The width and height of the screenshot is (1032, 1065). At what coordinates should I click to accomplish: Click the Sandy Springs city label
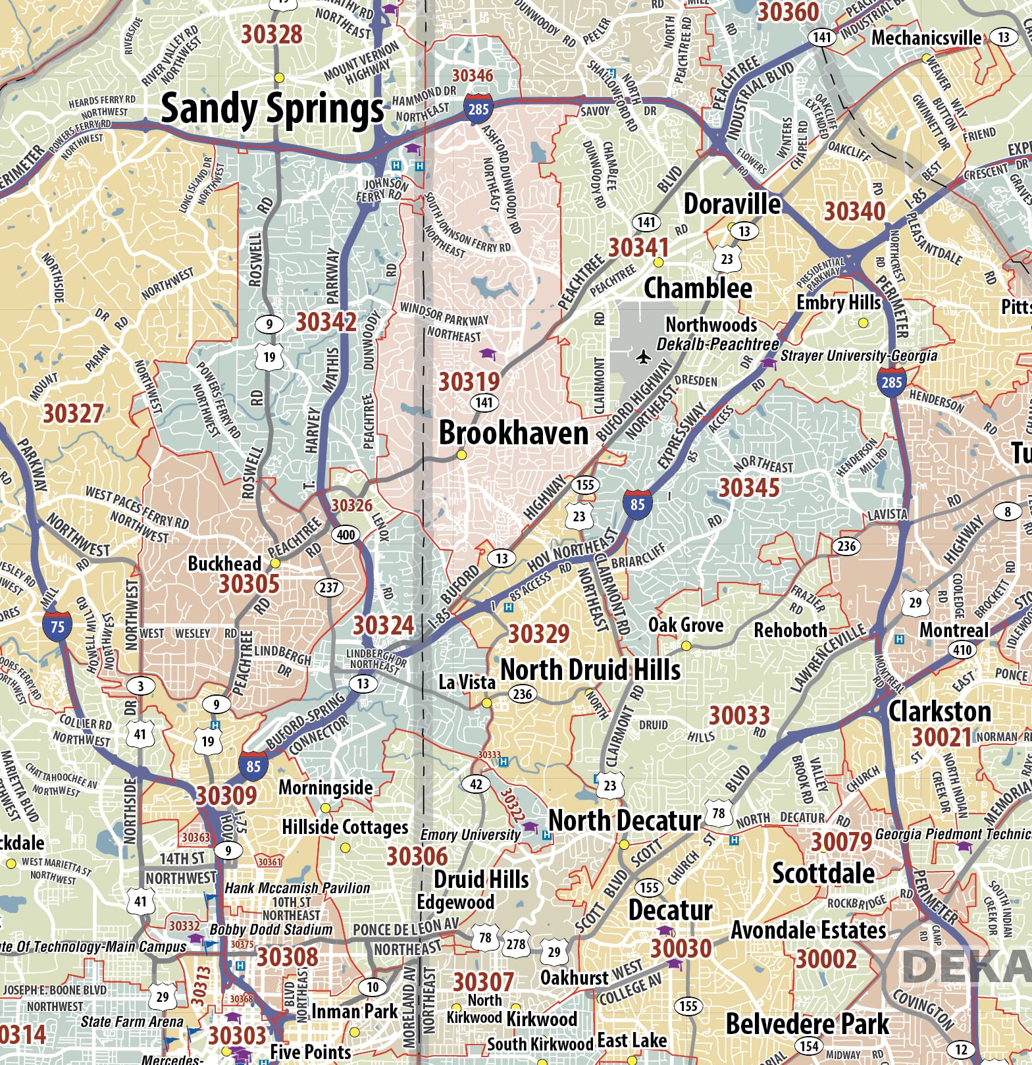coord(272,109)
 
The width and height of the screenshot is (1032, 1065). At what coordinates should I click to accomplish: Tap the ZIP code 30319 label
coord(469,382)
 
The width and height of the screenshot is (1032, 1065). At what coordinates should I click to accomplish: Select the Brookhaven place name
coord(513,433)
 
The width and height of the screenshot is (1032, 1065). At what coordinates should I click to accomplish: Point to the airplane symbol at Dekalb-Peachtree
coord(643,357)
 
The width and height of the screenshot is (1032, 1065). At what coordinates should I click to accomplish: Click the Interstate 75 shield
coord(57,625)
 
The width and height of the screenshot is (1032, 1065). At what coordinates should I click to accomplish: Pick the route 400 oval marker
coord(346,534)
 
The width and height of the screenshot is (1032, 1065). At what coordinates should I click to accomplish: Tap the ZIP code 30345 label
coord(748,488)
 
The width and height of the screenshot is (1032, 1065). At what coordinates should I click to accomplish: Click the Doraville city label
coord(732,204)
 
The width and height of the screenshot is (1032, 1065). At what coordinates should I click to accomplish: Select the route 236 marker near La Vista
coord(522,694)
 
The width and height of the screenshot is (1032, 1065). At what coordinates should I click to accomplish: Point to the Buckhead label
coord(224,563)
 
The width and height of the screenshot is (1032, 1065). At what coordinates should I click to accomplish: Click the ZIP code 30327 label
coord(73,414)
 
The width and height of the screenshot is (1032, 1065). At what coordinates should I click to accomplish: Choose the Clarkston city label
coord(939,712)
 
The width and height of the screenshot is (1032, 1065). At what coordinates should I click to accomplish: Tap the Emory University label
coord(470,835)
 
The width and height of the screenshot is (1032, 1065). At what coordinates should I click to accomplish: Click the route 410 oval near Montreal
coord(962,650)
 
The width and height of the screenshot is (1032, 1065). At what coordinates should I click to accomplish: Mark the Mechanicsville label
coord(926,38)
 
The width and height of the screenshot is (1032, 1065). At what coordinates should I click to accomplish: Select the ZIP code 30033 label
coord(739,715)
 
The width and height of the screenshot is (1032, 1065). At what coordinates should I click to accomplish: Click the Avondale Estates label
coord(808,930)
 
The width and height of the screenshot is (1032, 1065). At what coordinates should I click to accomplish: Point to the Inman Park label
coord(354,1011)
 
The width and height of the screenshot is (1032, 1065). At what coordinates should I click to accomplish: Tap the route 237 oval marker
coord(328,587)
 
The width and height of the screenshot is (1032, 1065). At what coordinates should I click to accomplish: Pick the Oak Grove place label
coord(685,625)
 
